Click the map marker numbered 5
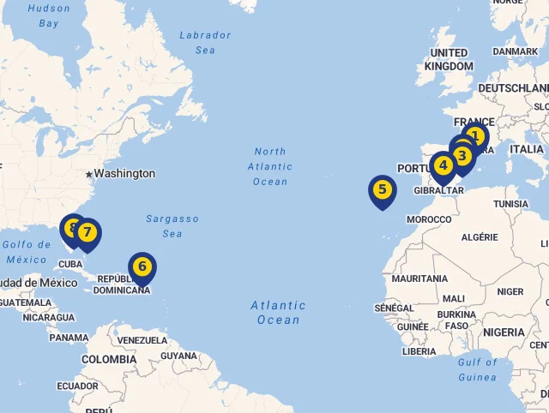pyautogui.click(x=382, y=190)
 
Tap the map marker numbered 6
pyautogui.click(x=142, y=266)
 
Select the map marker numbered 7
pyautogui.click(x=87, y=232)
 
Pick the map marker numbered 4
pyautogui.click(x=443, y=165)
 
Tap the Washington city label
pyautogui.click(x=124, y=173)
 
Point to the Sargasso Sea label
pyautogui.click(x=172, y=226)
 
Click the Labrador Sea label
pyautogui.click(x=205, y=43)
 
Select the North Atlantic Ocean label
pyautogui.click(x=270, y=166)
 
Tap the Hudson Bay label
pyautogui.click(x=49, y=15)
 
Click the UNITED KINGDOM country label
pyautogui.click(x=449, y=59)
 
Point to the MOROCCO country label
pyautogui.click(x=429, y=219)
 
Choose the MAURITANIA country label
pyautogui.click(x=419, y=278)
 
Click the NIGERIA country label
pyautogui.click(x=504, y=332)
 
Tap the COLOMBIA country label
pyautogui.click(x=109, y=359)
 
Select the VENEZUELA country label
pyautogui.click(x=142, y=340)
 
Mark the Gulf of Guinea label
pyautogui.click(x=478, y=369)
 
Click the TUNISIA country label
pyautogui.click(x=511, y=204)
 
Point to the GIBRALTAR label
pyautogui.click(x=438, y=190)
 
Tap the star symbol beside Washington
pyautogui.click(x=88, y=173)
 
